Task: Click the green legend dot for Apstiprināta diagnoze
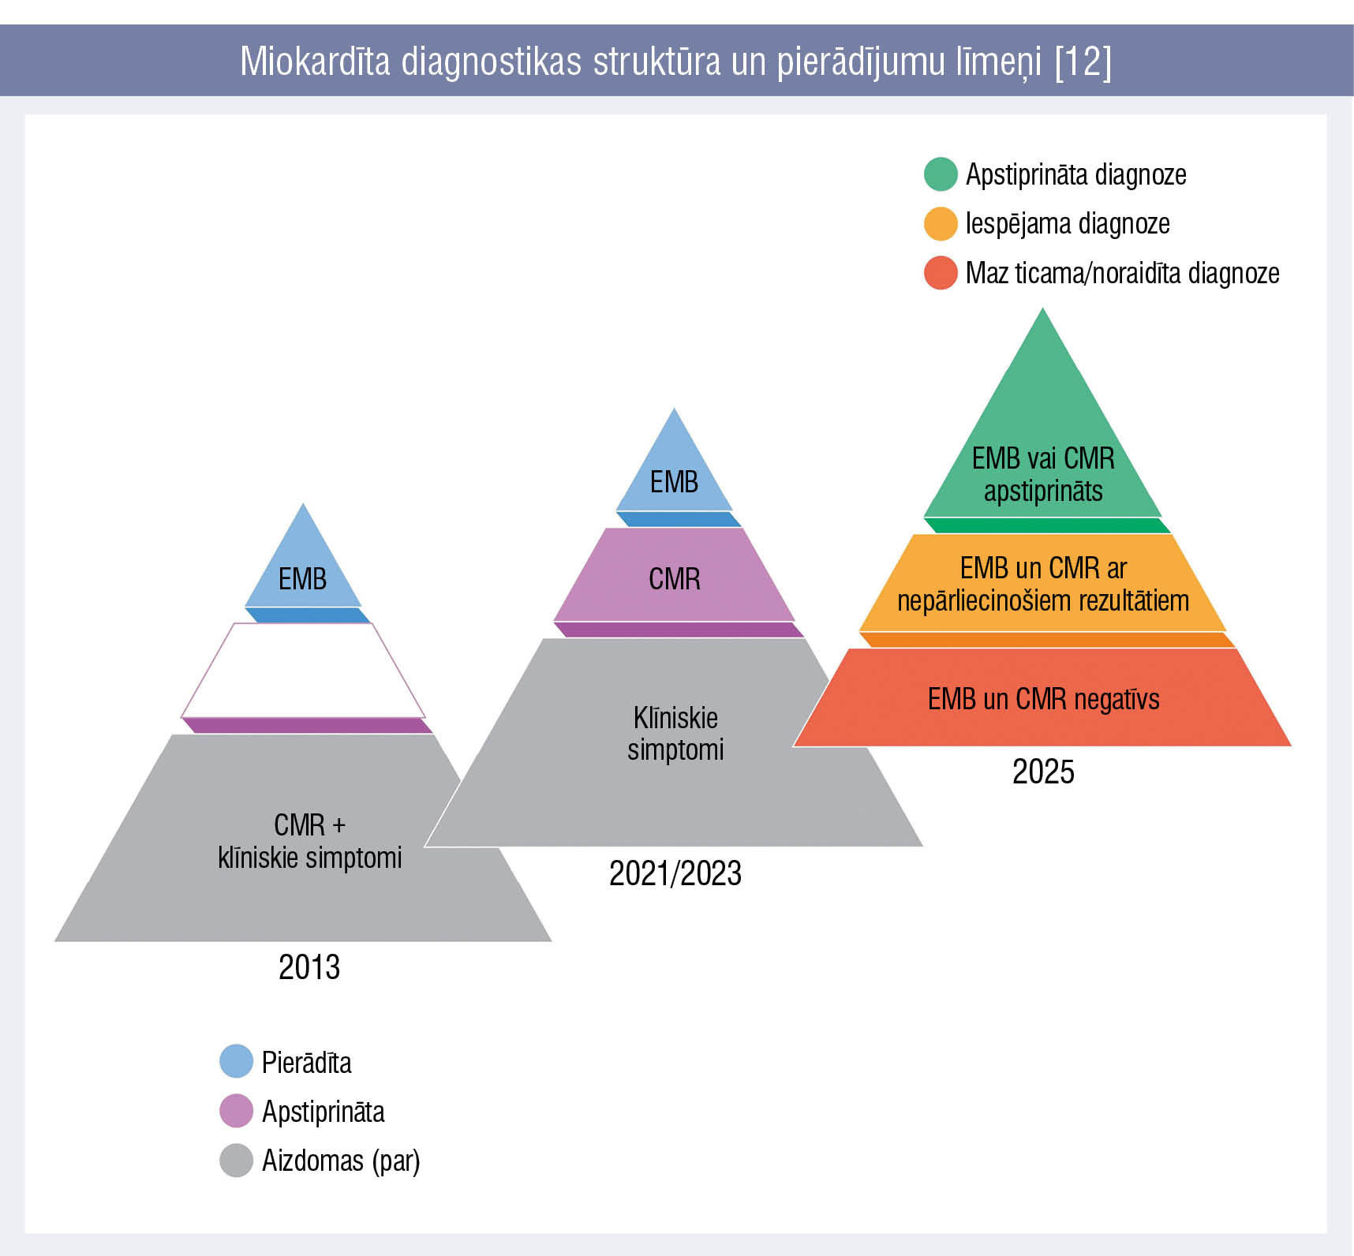coord(941,174)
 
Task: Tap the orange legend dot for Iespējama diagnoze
coord(941,224)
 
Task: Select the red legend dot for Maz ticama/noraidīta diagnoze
coord(941,273)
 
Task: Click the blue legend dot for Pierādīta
coord(236,1062)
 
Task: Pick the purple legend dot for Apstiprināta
coord(236,1111)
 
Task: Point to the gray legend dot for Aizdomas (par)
coord(236,1161)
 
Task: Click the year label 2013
coord(309,967)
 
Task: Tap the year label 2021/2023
coord(675,873)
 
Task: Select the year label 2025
coord(1043,772)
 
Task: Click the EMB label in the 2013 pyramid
coord(302,579)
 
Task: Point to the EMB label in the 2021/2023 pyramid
coord(674,482)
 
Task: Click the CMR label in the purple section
coord(674,579)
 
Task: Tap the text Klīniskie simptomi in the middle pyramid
coord(675,734)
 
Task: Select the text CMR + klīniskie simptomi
coord(309,841)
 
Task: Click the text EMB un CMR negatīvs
coord(1043,699)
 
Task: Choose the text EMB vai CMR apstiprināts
coord(1043,474)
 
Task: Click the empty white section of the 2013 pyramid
coord(303,671)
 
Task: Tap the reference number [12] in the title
coord(1083,62)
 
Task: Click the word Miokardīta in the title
coord(315,62)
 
